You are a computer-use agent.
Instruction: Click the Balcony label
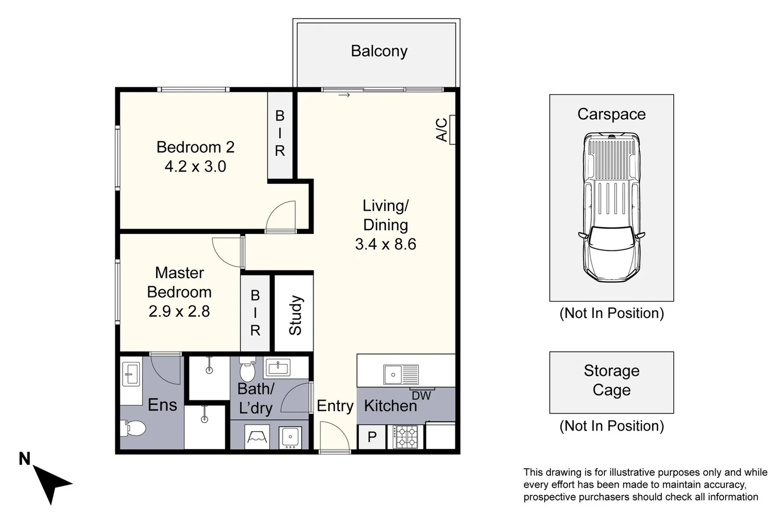point(379,51)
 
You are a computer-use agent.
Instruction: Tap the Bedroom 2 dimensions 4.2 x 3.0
point(195,166)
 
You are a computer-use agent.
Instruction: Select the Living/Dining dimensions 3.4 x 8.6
point(386,244)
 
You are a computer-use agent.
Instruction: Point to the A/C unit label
point(441,130)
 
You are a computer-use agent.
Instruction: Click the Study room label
point(295,315)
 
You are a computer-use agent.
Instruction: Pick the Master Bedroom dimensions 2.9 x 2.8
point(179,311)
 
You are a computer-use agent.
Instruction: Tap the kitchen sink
point(401,374)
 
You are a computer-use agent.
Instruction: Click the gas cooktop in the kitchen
point(405,437)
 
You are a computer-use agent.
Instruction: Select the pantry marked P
point(372,437)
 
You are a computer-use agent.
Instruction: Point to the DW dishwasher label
point(421,395)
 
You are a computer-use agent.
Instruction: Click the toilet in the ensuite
point(133,428)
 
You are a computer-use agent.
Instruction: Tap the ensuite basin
point(131,374)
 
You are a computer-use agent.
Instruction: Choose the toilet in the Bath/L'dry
point(247,369)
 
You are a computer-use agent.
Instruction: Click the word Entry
point(335,406)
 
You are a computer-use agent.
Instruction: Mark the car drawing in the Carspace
point(612,207)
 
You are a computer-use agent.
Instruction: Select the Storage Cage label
point(611,380)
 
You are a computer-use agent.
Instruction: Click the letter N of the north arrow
point(24,459)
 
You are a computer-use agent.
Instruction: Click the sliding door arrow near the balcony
point(344,95)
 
